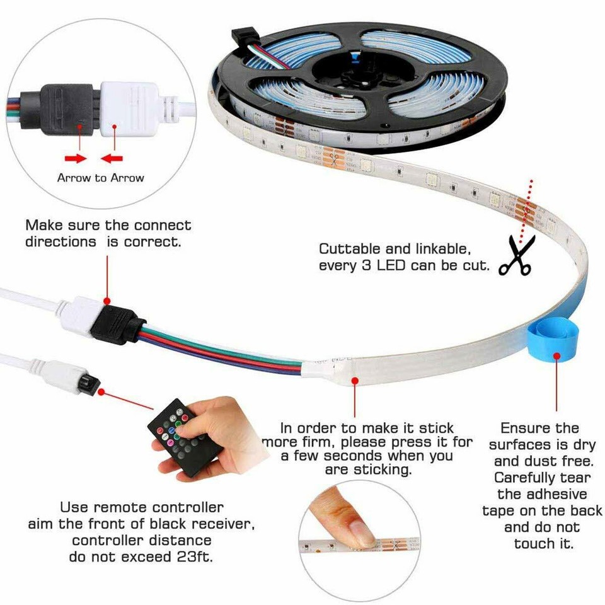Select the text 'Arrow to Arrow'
(x=100, y=178)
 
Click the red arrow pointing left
(x=113, y=157)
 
